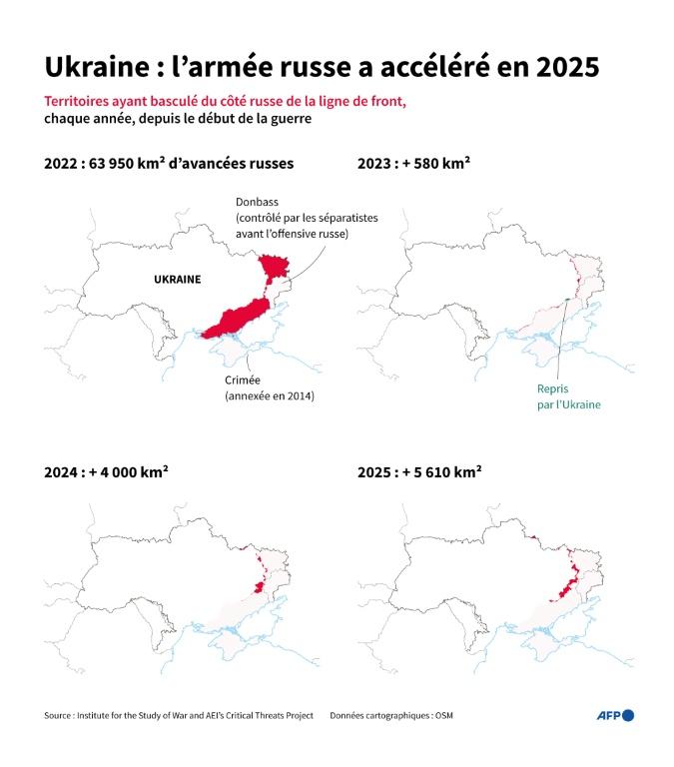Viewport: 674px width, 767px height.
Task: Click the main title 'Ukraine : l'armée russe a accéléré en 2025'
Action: coord(322,68)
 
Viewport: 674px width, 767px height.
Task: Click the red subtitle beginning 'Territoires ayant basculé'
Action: coord(225,103)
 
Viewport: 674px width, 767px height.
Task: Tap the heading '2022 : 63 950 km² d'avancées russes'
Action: coord(169,165)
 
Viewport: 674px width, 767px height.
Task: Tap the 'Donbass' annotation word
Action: coord(258,202)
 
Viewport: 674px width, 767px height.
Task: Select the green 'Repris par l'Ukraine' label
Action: coord(568,397)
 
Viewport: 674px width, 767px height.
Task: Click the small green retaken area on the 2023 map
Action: coord(566,300)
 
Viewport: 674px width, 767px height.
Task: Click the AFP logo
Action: coord(614,715)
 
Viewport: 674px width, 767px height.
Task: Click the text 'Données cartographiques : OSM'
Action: coord(397,715)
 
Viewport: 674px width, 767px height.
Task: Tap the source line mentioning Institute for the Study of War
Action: coord(178,715)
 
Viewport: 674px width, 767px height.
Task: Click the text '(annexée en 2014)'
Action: coord(269,396)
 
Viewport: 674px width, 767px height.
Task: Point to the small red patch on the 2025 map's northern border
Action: coord(534,539)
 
